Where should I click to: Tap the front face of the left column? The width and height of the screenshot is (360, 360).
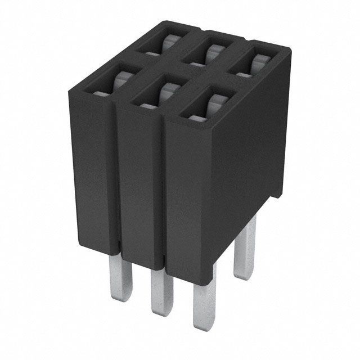(x=93, y=169)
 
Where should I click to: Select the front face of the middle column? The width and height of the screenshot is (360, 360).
(x=141, y=180)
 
